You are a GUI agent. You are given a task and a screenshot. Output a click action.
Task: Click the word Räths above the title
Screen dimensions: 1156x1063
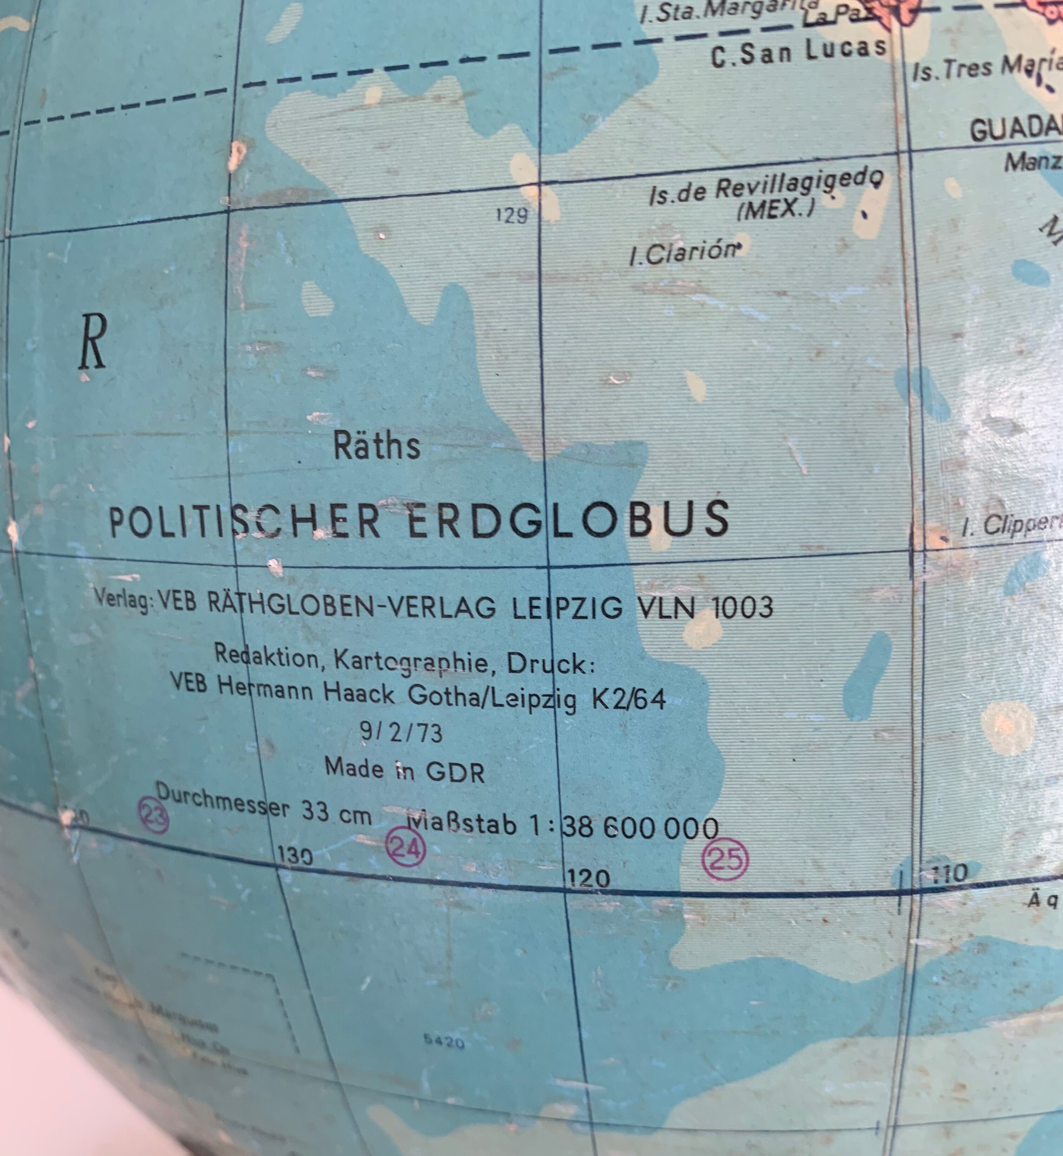pos(377,445)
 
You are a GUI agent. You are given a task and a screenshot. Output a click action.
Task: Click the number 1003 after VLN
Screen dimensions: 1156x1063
pos(742,607)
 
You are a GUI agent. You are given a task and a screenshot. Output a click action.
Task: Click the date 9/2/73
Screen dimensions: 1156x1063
pos(401,732)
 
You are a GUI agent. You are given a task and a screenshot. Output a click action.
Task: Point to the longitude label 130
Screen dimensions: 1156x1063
pos(295,856)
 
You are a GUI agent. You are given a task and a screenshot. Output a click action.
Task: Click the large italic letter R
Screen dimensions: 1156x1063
pos(92,343)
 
